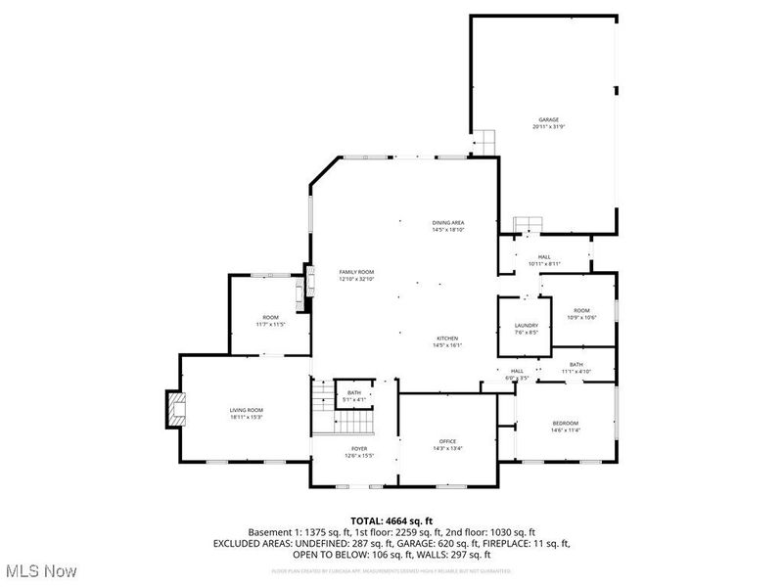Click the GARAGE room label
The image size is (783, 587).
[547, 119]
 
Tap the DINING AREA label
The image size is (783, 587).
[448, 223]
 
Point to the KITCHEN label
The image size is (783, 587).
[447, 339]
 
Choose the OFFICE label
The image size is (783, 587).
[447, 441]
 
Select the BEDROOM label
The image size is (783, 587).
[565, 423]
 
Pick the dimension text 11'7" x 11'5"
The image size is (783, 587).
[270, 324]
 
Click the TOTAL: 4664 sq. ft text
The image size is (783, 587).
[391, 520]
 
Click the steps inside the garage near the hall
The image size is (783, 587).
[529, 224]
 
